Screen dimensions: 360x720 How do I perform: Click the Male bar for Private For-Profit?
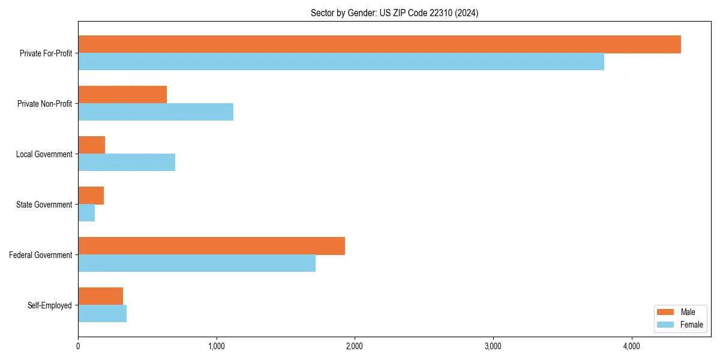coord(379,44)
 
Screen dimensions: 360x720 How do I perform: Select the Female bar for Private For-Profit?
coord(341,62)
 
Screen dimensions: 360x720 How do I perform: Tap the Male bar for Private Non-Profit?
coord(122,95)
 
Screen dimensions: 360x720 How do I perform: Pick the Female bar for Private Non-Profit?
coord(155,112)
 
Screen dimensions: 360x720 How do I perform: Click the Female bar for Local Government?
coord(127,163)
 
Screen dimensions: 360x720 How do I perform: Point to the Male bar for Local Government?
coord(92,145)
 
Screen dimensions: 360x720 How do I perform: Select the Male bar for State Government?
coord(91,196)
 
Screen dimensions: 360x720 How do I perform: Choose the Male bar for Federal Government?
coord(211,246)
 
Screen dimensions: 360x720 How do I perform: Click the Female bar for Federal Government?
coord(197,263)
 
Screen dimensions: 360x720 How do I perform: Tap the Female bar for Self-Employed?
coord(102,314)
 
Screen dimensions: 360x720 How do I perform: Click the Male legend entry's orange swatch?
coord(666,312)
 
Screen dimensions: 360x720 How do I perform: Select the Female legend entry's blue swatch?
coord(666,325)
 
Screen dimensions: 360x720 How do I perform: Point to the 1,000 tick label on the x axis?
coord(216,346)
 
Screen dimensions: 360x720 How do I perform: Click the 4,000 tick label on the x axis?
coord(631,346)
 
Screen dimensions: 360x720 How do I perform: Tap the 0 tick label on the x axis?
coord(78,346)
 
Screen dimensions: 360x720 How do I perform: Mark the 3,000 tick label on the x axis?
coord(493,346)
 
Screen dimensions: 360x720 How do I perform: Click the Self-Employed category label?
coord(50,305)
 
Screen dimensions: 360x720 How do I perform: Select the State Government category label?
coord(44,205)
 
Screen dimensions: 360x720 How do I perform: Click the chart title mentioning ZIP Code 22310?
coord(394,13)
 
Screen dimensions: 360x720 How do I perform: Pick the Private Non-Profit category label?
coord(44,104)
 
